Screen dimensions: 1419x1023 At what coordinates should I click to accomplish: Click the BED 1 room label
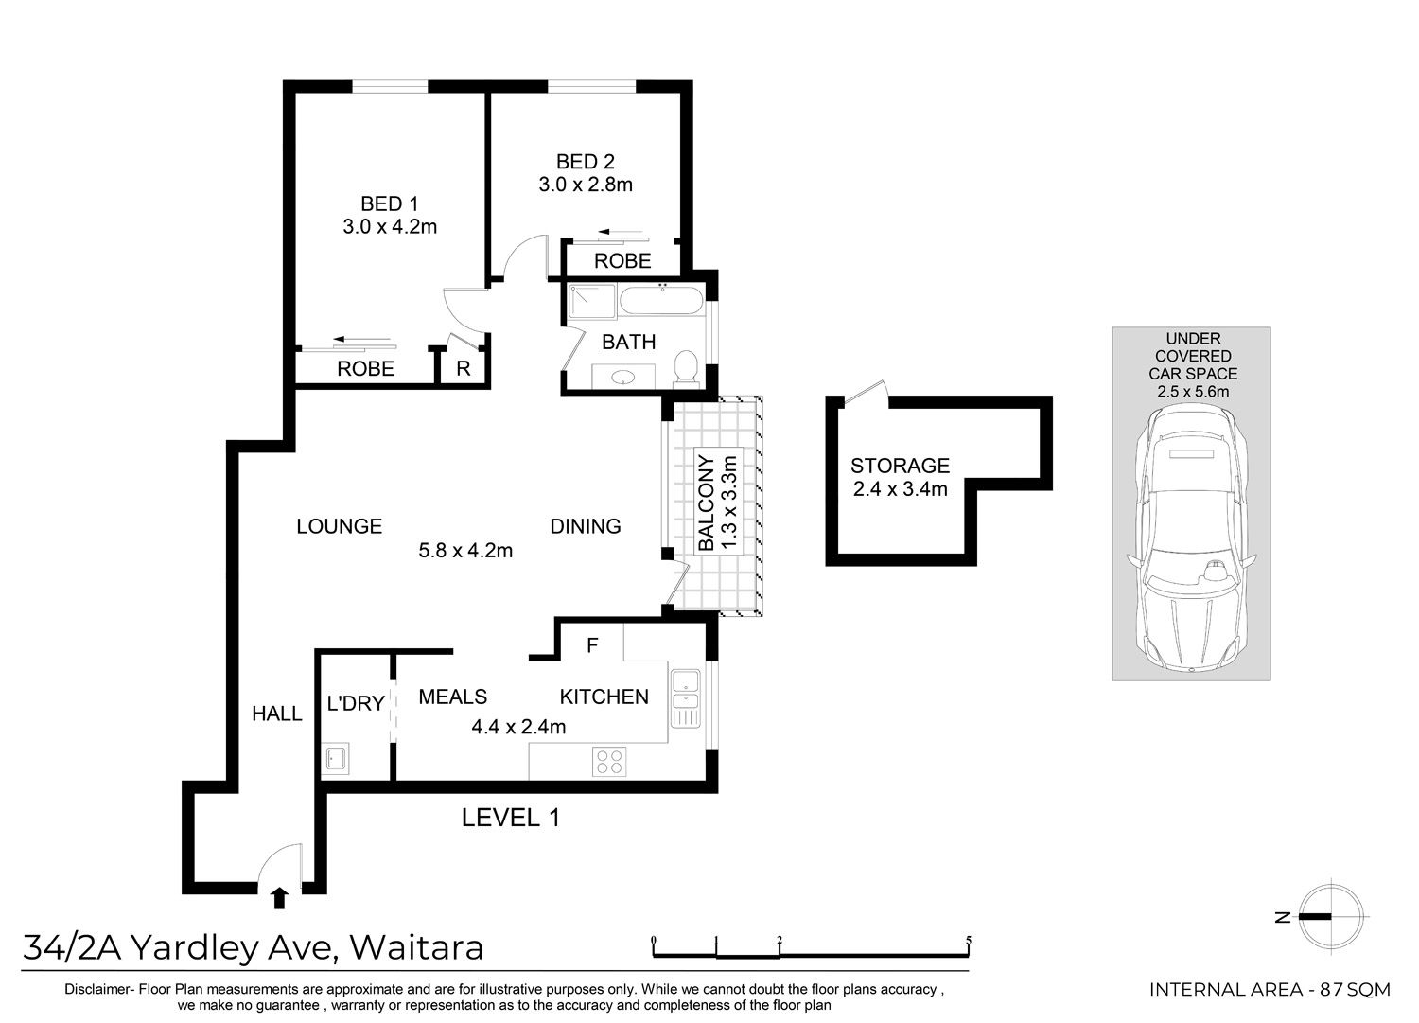click(389, 203)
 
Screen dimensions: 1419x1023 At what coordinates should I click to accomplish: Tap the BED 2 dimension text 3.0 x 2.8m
click(586, 185)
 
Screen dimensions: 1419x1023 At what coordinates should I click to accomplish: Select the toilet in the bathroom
click(686, 367)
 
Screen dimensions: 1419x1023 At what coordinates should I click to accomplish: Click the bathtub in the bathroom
click(660, 300)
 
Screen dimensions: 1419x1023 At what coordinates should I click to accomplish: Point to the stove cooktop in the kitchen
click(609, 761)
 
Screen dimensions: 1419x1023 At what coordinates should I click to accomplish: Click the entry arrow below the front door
click(279, 898)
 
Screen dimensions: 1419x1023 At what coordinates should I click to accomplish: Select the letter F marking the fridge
click(592, 645)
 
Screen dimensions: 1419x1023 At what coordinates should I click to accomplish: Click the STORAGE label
click(900, 466)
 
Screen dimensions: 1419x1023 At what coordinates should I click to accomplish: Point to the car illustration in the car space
click(1191, 538)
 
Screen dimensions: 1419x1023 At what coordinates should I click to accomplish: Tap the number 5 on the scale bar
click(969, 941)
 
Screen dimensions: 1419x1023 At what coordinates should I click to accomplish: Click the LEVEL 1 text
click(511, 818)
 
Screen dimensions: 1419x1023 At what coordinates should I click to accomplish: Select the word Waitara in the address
click(417, 947)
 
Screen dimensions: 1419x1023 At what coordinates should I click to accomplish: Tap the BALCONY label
click(705, 503)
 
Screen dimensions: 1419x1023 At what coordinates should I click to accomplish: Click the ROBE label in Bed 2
click(622, 260)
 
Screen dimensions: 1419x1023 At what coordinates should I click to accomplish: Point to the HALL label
click(277, 714)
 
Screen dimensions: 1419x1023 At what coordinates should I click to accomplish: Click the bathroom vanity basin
click(623, 378)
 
